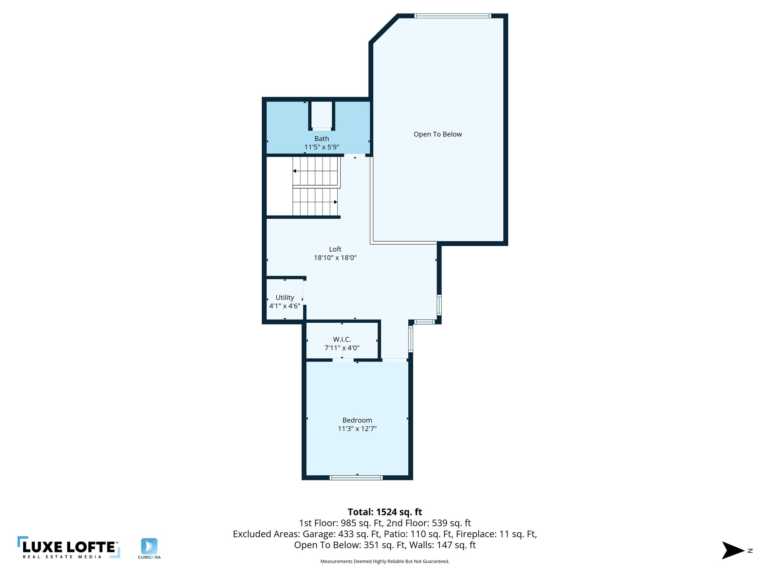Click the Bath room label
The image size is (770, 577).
coord(321,139)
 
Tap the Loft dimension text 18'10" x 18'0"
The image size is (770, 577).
coord(335,258)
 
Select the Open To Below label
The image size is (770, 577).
coord(438,134)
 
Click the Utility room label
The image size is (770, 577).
coord(285,297)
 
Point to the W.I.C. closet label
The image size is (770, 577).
coord(342,339)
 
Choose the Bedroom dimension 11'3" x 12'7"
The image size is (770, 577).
coord(357,429)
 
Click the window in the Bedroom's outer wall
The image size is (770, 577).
coord(356,477)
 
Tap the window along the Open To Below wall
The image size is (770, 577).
coord(453,16)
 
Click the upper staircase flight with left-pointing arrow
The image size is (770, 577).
coord(316,171)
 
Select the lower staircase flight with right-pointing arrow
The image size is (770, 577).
coord(315,202)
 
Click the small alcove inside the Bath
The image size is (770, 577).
coord(322,115)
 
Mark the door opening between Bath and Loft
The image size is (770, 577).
coord(355,155)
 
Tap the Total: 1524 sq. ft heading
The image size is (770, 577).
coord(385,512)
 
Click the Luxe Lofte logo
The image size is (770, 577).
coord(69,547)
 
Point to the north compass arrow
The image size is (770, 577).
coord(733,550)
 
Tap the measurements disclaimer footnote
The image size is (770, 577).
coord(385,561)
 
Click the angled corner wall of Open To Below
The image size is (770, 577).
coord(384,29)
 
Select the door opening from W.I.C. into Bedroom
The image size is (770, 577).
coord(343,360)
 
